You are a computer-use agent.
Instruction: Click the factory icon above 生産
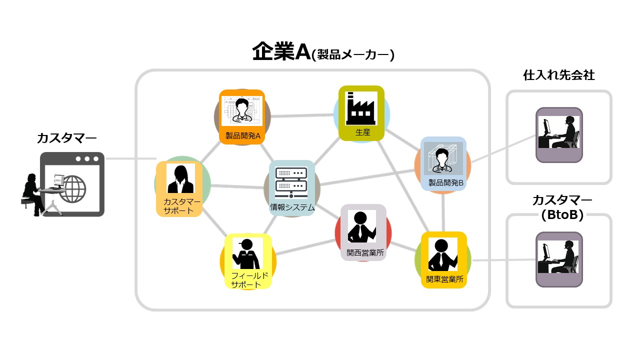(361, 107)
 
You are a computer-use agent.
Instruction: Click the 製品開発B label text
(446, 183)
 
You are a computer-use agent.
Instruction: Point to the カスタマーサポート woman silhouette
(180, 179)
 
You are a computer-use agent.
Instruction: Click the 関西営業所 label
(365, 253)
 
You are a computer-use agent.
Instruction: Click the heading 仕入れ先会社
(558, 75)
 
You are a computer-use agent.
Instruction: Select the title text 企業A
(281, 52)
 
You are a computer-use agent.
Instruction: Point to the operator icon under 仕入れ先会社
(559, 132)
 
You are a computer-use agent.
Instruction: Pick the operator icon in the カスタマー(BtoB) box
(558, 257)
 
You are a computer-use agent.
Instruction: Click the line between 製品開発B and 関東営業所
(443, 212)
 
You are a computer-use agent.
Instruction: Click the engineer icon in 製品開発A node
(242, 110)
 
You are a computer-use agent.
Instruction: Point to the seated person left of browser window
(31, 193)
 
